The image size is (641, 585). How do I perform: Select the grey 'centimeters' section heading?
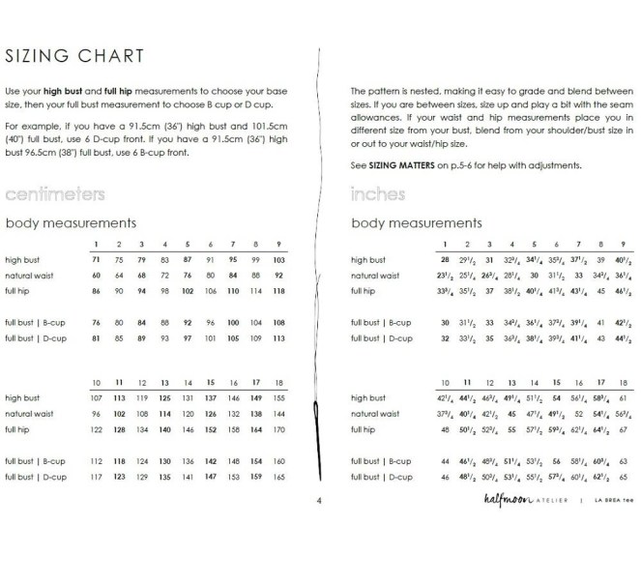[x=54, y=195]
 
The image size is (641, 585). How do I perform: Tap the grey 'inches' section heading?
[x=378, y=195]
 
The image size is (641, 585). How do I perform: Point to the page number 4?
[x=319, y=501]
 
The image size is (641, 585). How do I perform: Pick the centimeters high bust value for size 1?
[x=96, y=260]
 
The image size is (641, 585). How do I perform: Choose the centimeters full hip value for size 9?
[x=279, y=291]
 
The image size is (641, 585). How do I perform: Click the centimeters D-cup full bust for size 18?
[x=279, y=477]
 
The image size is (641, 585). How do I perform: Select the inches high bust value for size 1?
[x=445, y=260]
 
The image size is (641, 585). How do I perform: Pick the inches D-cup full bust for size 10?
[x=445, y=477]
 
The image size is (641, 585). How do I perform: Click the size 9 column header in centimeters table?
[x=279, y=244]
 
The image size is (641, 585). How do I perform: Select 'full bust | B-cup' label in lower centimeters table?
[x=35, y=461]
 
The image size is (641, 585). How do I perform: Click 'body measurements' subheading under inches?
[x=416, y=223]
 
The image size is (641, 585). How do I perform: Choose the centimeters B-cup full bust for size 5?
[x=188, y=322]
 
